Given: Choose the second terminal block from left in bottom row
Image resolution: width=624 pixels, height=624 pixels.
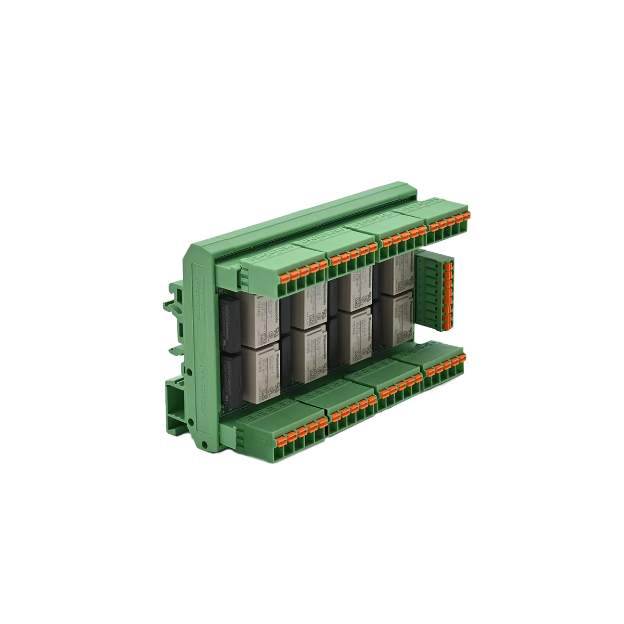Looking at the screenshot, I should click(x=351, y=410).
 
